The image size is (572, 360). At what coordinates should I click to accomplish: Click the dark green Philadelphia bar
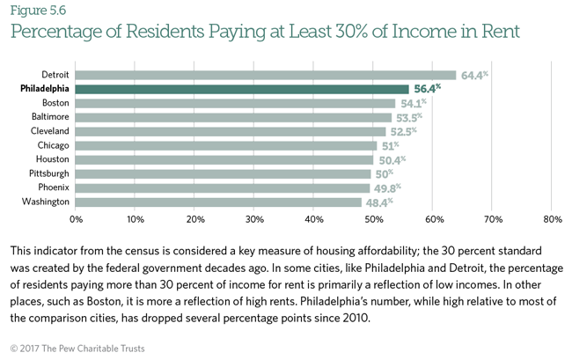tap(242, 89)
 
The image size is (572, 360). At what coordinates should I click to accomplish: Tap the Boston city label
tap(55, 103)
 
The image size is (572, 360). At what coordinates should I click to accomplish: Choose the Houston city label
tap(53, 159)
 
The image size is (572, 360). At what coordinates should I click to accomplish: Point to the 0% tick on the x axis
tap(77, 218)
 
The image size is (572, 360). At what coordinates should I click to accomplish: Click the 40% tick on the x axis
tap(314, 218)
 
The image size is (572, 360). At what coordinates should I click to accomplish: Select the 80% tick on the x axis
tap(553, 218)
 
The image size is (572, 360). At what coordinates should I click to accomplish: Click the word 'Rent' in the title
tap(497, 33)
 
